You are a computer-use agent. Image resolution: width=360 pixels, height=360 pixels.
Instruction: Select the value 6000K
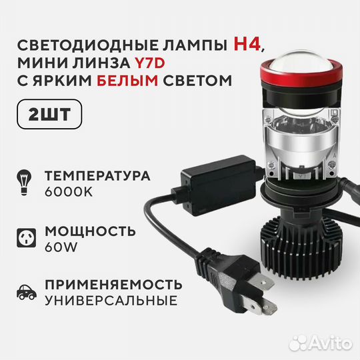click(70, 192)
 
